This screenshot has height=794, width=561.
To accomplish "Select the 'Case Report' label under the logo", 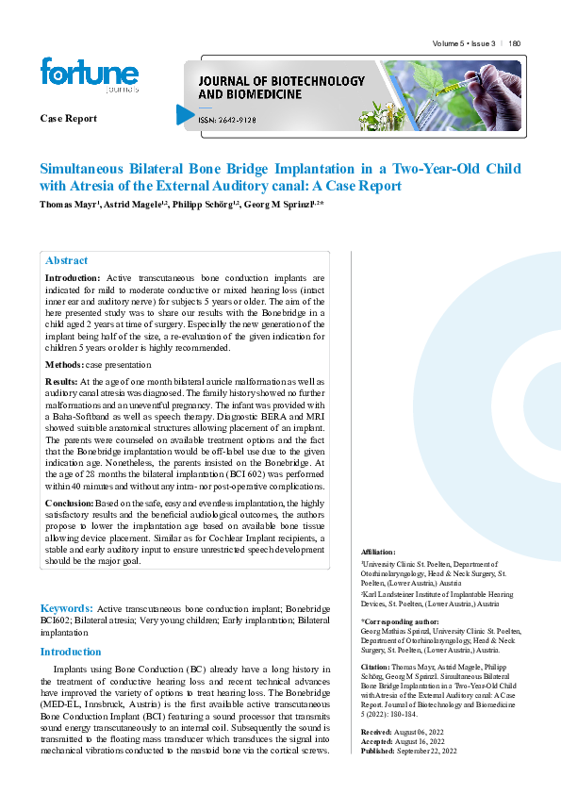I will (x=68, y=119).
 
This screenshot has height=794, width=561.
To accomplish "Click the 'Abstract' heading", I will (x=67, y=260).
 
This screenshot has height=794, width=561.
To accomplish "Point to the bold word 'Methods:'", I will (x=64, y=364).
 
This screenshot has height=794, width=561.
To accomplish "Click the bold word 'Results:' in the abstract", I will (x=62, y=381).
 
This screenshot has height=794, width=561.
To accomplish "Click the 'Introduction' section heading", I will (x=71, y=652).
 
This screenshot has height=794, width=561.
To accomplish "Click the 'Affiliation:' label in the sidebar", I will (x=379, y=552).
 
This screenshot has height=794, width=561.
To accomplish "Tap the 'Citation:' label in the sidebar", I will (x=378, y=667).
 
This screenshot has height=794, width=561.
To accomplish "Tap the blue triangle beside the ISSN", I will (x=185, y=115).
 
